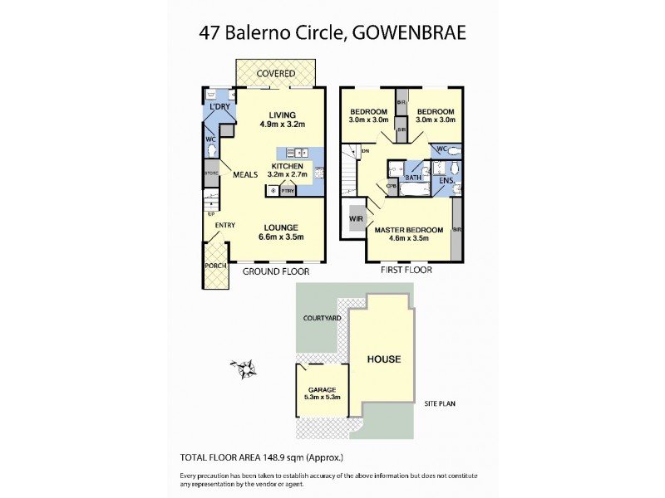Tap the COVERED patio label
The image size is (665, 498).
(x=275, y=74)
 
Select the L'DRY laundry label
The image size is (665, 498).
(x=219, y=107)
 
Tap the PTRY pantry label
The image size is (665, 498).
(x=288, y=192)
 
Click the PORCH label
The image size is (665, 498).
(x=215, y=266)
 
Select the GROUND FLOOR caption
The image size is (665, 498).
(x=275, y=271)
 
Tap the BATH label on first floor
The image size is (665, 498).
(x=412, y=178)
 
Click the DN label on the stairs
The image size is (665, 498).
(x=364, y=150)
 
